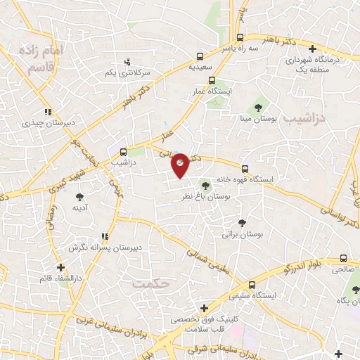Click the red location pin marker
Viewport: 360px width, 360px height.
(180, 165)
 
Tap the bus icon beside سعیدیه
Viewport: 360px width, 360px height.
(200, 56)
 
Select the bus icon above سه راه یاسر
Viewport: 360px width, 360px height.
(241, 38)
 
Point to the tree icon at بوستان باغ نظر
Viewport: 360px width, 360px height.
(205, 186)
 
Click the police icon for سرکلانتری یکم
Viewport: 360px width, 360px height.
(127, 62)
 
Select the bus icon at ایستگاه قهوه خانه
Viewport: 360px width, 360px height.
(245, 168)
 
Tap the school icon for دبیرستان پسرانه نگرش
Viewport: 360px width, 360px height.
(104, 236)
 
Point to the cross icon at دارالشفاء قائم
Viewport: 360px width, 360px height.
(62, 267)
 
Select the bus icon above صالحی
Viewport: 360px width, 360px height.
(343, 258)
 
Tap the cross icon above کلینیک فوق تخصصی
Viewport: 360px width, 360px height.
(204, 308)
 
